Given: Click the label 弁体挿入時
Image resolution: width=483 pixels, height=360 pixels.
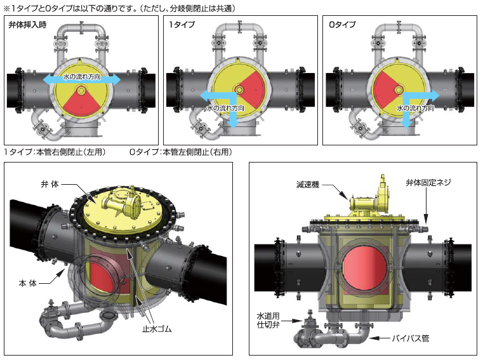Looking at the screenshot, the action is (27, 25).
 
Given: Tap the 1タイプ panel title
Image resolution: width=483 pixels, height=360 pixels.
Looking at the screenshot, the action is (182, 24).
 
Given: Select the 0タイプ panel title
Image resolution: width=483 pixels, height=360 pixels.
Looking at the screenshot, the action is (342, 24).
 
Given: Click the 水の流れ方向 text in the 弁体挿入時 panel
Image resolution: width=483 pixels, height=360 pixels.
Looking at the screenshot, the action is (82, 77).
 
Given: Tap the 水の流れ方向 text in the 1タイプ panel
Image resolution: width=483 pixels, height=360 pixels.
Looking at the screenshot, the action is (225, 108).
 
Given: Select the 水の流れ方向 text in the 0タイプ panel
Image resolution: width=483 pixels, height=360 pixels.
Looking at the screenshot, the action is (415, 108).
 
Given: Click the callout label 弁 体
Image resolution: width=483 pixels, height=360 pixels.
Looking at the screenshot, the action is (50, 184).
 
